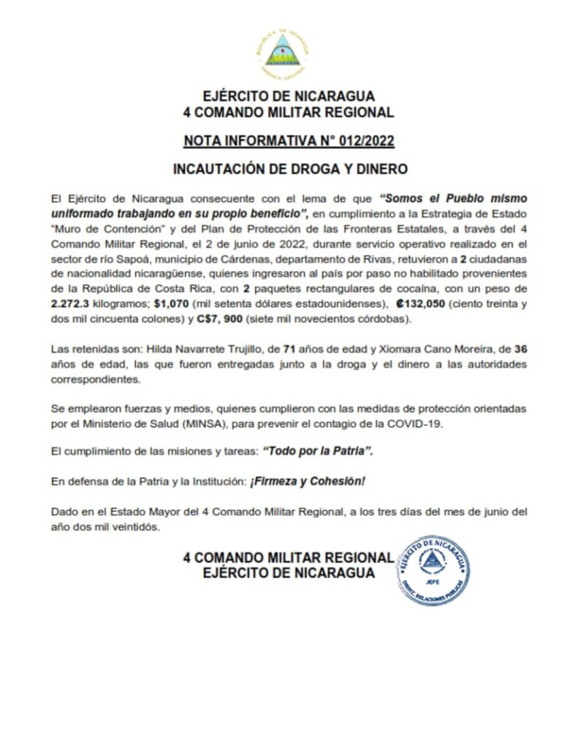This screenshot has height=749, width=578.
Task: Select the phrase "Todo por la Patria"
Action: click(318, 451)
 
